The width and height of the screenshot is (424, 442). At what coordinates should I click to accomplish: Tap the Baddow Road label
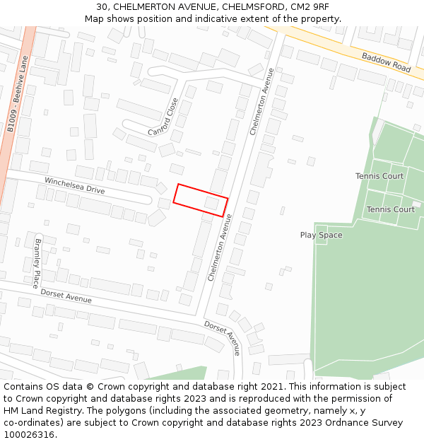tap(386, 62)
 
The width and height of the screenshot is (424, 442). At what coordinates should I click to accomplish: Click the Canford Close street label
tap(164, 117)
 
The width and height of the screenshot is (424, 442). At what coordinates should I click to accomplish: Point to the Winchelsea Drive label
tap(74, 186)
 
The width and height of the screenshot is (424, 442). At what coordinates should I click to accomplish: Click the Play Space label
tap(321, 235)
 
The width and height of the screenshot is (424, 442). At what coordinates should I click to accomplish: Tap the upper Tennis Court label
tap(379, 176)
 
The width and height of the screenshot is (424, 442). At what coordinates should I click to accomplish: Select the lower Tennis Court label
tap(390, 209)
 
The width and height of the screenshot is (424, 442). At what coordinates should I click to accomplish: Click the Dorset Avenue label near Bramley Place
tap(66, 296)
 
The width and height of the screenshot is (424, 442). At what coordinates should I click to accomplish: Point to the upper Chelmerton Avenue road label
tap(261, 101)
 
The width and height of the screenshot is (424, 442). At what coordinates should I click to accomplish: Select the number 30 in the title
tap(102, 7)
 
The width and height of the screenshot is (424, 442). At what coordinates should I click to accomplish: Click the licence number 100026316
tap(30, 435)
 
